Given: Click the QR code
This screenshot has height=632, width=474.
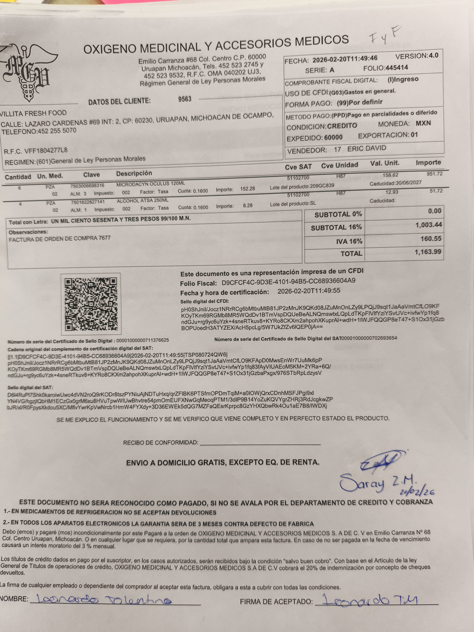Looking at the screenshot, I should (91, 304).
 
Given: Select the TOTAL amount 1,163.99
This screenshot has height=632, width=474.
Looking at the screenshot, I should (428, 252).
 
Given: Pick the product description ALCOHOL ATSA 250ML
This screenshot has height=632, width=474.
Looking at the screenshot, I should (143, 201).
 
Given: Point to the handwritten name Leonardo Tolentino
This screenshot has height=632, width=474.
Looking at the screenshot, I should (104, 599).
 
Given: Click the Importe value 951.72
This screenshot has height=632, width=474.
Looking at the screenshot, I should (434, 174).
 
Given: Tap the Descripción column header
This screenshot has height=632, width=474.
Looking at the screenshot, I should (134, 173).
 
